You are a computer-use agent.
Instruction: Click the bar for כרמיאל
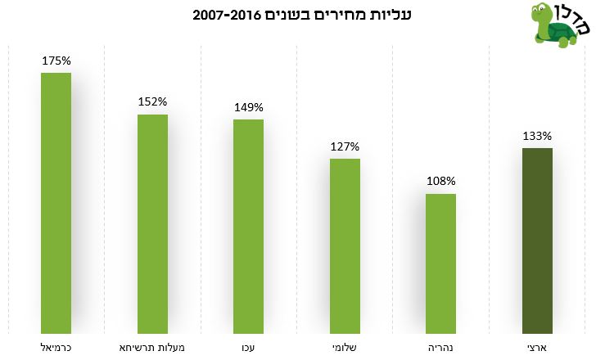tap(56, 203)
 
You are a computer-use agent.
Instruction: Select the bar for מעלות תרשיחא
tap(152, 223)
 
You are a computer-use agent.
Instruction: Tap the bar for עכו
tap(248, 226)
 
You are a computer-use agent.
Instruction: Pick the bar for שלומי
tap(345, 245)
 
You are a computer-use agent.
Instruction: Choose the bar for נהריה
tap(440, 263)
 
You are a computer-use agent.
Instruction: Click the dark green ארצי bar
tap(537, 241)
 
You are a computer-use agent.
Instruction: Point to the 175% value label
tap(56, 61)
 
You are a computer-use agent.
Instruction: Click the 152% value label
tap(152, 102)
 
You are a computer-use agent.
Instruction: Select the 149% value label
tap(248, 107)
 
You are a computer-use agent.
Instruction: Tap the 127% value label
tap(345, 146)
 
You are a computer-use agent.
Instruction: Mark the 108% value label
tap(440, 182)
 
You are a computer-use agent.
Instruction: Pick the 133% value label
tap(537, 136)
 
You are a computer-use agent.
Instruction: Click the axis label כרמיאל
tap(56, 348)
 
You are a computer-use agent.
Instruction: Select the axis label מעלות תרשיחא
tap(152, 348)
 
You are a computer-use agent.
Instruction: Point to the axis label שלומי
tap(345, 348)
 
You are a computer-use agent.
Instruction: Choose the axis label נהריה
tap(440, 348)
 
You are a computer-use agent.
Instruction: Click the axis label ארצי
tap(537, 348)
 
